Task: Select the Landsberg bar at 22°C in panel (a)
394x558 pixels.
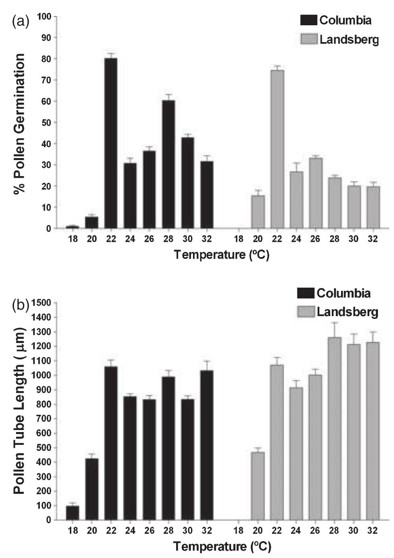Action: coord(277,149)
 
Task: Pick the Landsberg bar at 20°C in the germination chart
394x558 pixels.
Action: coord(258,212)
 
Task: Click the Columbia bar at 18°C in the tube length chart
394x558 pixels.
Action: coord(72,513)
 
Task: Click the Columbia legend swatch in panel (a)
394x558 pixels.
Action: coord(308,20)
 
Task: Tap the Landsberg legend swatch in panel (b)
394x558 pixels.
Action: coord(306,312)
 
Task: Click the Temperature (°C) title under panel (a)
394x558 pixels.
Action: coord(221,255)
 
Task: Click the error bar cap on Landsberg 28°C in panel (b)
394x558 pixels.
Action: coord(335,322)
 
